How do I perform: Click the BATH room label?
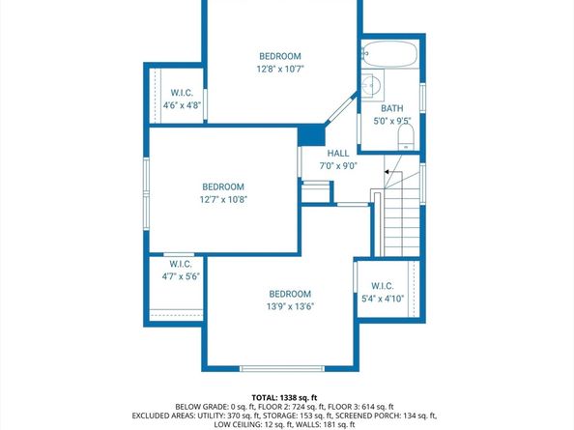393,109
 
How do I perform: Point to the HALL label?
338,153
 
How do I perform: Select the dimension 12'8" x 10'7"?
280,70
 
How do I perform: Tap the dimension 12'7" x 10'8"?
222,200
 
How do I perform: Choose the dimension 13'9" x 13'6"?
290,307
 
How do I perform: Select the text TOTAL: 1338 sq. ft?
286,397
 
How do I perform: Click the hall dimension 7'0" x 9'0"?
338,165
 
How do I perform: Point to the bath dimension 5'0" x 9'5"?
393,122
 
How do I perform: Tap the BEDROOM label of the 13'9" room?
290,294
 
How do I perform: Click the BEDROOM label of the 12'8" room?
280,56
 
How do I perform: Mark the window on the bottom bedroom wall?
275,368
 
